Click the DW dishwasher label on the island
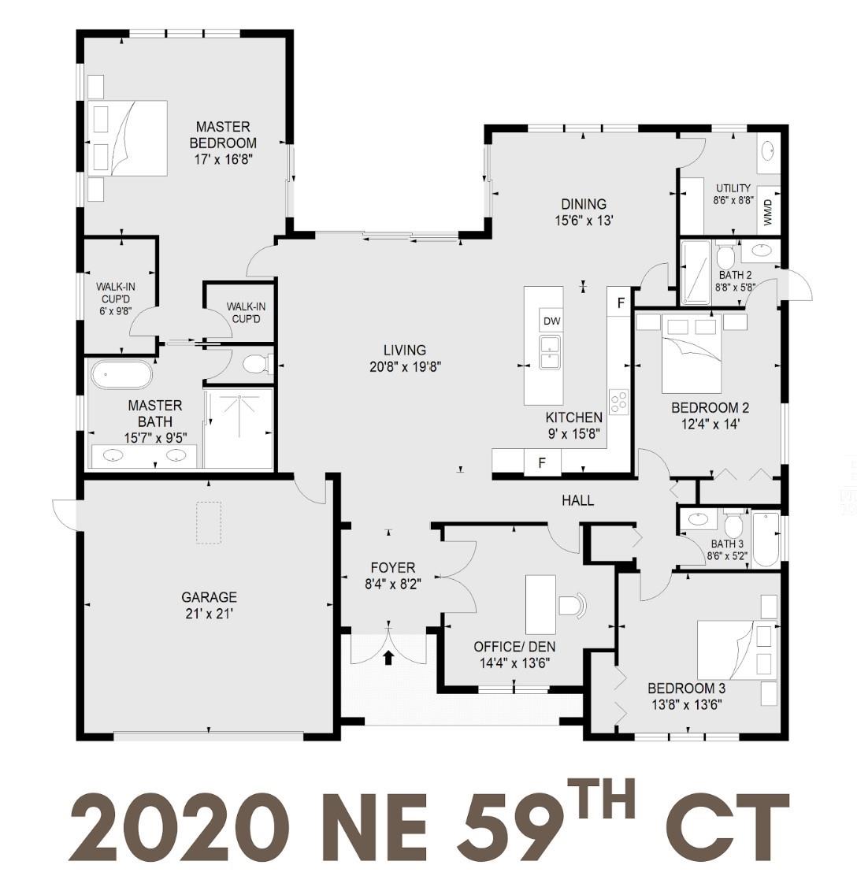(x=551, y=321)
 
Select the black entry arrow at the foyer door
(x=388, y=657)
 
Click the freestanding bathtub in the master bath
(x=121, y=375)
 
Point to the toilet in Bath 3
(x=734, y=525)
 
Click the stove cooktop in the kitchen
(x=618, y=402)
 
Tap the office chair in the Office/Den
(x=573, y=605)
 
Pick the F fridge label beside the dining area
(x=620, y=303)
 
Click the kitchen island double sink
(x=550, y=351)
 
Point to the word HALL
(x=577, y=501)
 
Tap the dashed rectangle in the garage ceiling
(x=208, y=523)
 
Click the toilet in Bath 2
(x=726, y=257)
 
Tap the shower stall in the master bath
(x=239, y=429)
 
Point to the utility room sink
(x=768, y=151)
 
